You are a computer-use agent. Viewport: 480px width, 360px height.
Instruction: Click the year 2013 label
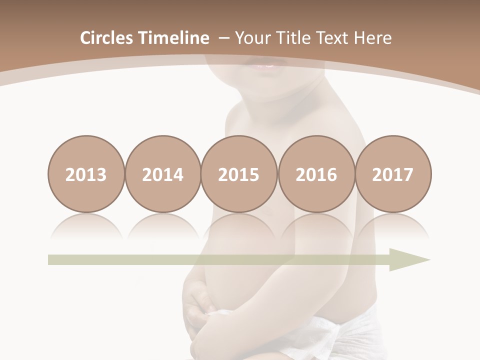[86, 174]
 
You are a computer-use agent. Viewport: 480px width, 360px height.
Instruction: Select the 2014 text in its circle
[162, 174]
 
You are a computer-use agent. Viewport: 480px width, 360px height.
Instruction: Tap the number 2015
[239, 174]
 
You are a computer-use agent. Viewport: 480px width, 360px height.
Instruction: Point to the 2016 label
[316, 174]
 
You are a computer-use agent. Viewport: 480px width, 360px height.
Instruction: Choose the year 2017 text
[392, 174]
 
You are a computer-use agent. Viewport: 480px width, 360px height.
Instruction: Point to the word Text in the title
[333, 38]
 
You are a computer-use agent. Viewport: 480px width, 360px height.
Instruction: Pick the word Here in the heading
[372, 38]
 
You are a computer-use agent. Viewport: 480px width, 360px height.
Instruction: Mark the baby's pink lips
[264, 65]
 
